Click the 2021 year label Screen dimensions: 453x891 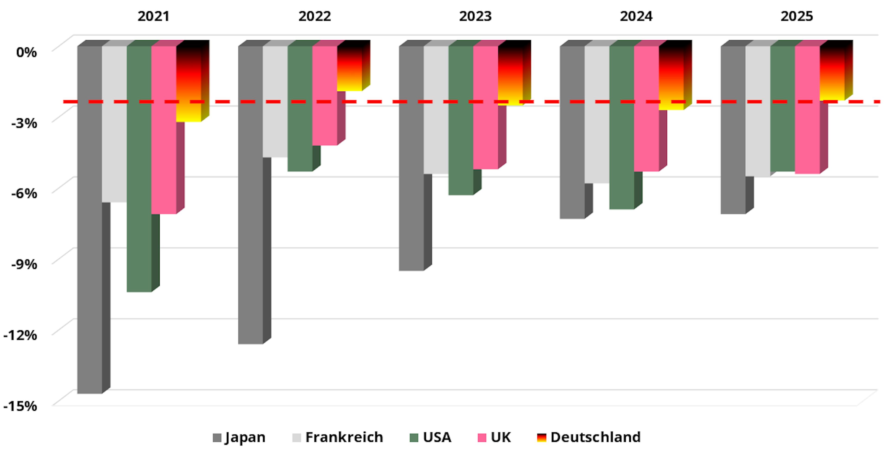tap(153, 16)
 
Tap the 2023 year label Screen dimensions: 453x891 tap(475, 16)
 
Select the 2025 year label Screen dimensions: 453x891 tap(797, 16)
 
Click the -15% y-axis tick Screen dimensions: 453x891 tap(20, 406)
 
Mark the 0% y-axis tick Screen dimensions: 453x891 tap(26, 52)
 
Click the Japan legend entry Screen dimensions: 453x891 tap(239, 437)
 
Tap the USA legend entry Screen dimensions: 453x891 tap(431, 437)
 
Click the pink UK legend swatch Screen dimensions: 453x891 tap(482, 438)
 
